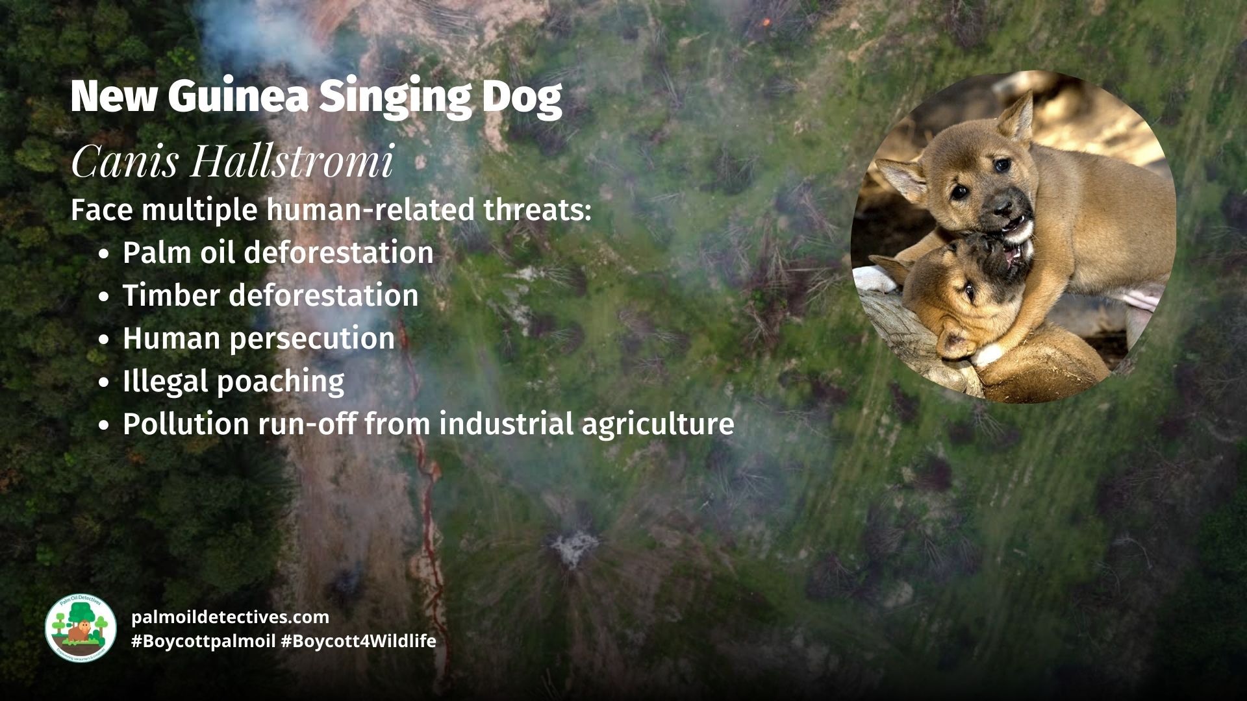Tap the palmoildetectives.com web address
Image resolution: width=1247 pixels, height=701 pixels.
pyautogui.click(x=230, y=617)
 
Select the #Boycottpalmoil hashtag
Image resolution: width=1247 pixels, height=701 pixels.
pyautogui.click(x=203, y=641)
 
